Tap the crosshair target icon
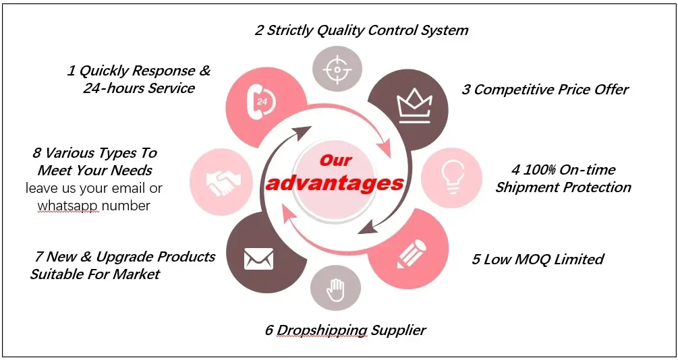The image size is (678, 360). tap(337, 69)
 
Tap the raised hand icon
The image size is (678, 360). tap(335, 291)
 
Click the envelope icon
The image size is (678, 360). tap(258, 257)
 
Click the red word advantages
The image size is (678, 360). tap(335, 183)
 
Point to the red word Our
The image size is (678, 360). tap(335, 160)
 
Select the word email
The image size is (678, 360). tap(130, 188)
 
